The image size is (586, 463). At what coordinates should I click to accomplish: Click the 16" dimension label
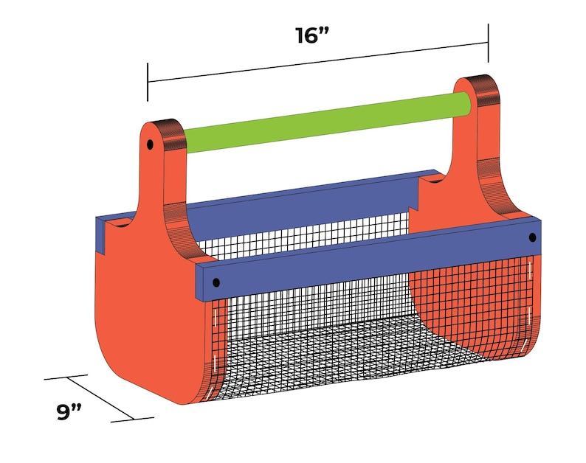click(x=311, y=36)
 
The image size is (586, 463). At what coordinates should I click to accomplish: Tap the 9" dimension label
click(x=69, y=412)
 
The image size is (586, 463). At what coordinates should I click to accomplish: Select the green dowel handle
click(x=327, y=122)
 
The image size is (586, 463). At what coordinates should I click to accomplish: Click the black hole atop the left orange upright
click(x=150, y=145)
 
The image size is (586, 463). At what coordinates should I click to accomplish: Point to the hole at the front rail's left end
click(x=216, y=282)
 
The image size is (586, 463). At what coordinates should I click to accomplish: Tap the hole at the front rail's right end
click(x=533, y=237)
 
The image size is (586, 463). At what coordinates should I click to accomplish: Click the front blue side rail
click(x=368, y=260)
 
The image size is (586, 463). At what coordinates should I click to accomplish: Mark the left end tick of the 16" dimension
click(x=148, y=82)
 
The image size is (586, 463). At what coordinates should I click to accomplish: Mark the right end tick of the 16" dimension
click(x=488, y=43)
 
